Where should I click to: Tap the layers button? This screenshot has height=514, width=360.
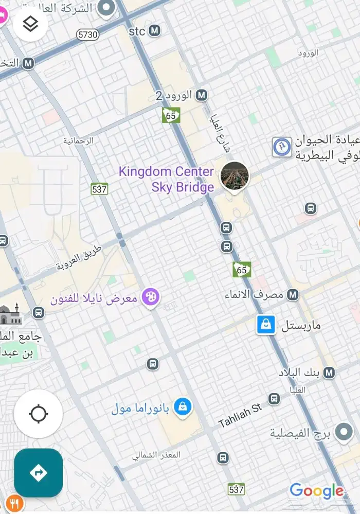[30, 23]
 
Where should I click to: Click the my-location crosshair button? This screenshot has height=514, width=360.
[39, 414]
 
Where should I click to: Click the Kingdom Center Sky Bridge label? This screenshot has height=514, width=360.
[167, 179]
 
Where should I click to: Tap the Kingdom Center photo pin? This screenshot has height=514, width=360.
[235, 176]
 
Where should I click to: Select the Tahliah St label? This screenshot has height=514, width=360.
[240, 415]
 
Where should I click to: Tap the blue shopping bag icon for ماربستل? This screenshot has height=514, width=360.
[266, 325]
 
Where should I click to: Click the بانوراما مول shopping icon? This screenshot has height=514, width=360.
[182, 407]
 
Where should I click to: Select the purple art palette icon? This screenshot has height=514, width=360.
[150, 297]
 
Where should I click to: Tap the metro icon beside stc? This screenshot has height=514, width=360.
[154, 31]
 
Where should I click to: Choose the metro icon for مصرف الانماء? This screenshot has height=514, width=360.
[293, 295]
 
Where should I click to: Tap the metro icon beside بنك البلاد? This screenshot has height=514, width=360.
[329, 372]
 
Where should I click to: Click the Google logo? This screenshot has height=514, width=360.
[316, 490]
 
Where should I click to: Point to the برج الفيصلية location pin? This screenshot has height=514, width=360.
[344, 433]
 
